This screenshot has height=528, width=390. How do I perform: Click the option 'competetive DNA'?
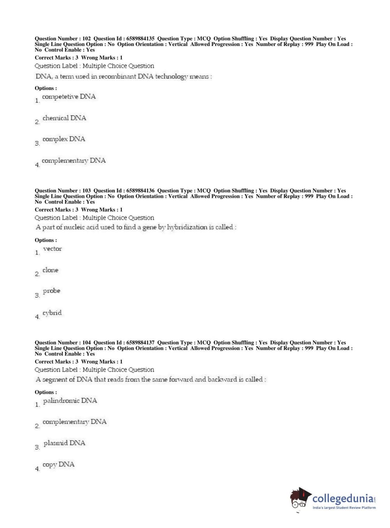(x=69, y=97)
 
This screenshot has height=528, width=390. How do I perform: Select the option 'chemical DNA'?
(x=64, y=118)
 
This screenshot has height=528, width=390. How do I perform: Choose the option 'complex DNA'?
(x=64, y=139)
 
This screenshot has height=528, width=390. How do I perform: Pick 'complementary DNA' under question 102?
(x=74, y=160)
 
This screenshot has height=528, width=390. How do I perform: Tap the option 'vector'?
(x=52, y=249)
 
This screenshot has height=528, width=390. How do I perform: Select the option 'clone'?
(x=50, y=270)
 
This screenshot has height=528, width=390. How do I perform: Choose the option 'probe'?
(x=51, y=291)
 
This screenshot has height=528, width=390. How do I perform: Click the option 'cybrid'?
(x=52, y=313)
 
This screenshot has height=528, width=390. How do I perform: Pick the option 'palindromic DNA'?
(x=70, y=401)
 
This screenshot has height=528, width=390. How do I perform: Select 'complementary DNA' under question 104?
(x=74, y=422)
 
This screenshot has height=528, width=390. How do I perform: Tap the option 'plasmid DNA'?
(x=64, y=443)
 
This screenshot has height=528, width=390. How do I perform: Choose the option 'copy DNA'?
(x=58, y=465)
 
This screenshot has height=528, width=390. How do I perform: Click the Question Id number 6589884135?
(x=140, y=39)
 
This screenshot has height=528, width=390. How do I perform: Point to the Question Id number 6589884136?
(x=140, y=191)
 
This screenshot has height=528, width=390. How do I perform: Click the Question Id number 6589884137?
(x=140, y=343)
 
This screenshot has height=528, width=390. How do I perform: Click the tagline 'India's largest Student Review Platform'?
(x=344, y=508)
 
